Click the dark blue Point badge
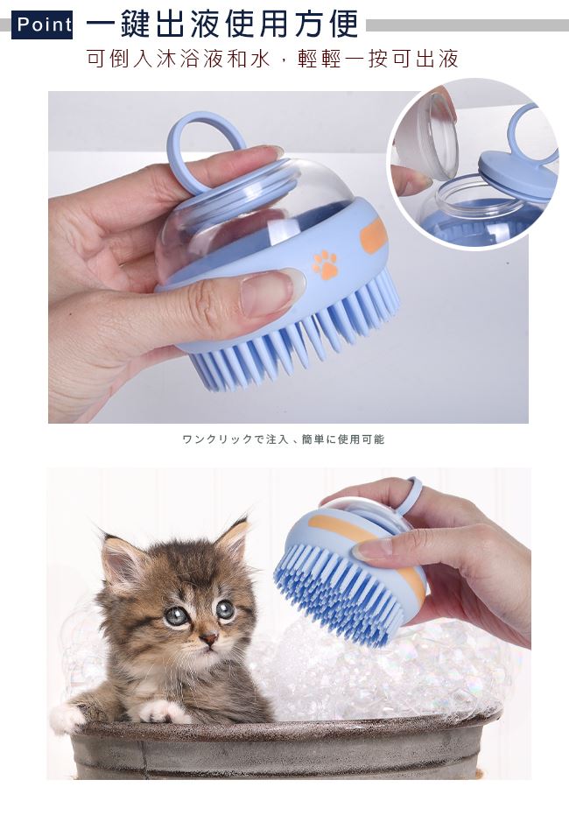(x=41, y=25)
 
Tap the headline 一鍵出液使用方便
(x=222, y=24)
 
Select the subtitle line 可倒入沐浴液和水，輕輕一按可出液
(x=273, y=59)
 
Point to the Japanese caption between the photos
(x=284, y=439)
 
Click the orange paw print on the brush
(x=325, y=264)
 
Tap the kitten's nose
(x=209, y=638)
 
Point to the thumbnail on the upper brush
(x=267, y=293)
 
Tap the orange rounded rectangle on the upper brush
(x=375, y=236)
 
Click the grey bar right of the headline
(x=467, y=25)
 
